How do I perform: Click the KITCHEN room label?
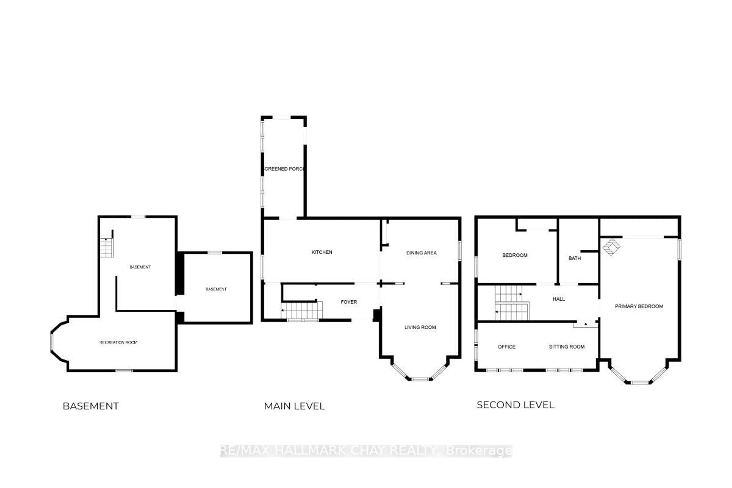[322, 252]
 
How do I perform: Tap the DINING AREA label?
[421, 253]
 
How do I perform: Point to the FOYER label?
[349, 302]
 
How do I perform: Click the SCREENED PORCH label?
[284, 169]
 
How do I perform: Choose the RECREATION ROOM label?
[118, 342]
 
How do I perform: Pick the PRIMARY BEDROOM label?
[639, 306]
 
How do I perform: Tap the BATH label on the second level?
[575, 258]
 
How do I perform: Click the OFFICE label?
[506, 347]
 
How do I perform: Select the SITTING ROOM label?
[566, 347]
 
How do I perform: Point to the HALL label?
[559, 299]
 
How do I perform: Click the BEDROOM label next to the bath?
[515, 255]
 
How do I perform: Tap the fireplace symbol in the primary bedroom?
[611, 247]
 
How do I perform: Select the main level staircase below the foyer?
[301, 310]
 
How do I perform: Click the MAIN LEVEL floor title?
[294, 406]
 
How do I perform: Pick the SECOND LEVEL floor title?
[515, 405]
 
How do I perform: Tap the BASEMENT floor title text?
[91, 406]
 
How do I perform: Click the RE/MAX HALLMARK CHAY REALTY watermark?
[366, 451]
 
